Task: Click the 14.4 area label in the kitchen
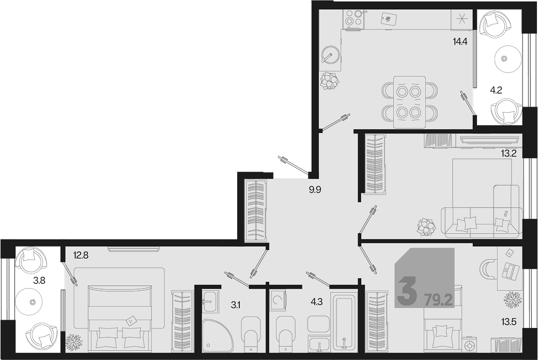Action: point(460,42)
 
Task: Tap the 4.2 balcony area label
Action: point(496,91)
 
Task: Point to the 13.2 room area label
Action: point(509,153)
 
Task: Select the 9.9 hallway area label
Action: point(315,189)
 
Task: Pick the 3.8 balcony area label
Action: point(39,281)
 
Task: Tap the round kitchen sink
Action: point(331,55)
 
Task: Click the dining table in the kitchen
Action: point(410,102)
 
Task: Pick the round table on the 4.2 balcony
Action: point(504,58)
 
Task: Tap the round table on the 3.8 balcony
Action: point(33,302)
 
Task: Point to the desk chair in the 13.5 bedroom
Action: point(487,269)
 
